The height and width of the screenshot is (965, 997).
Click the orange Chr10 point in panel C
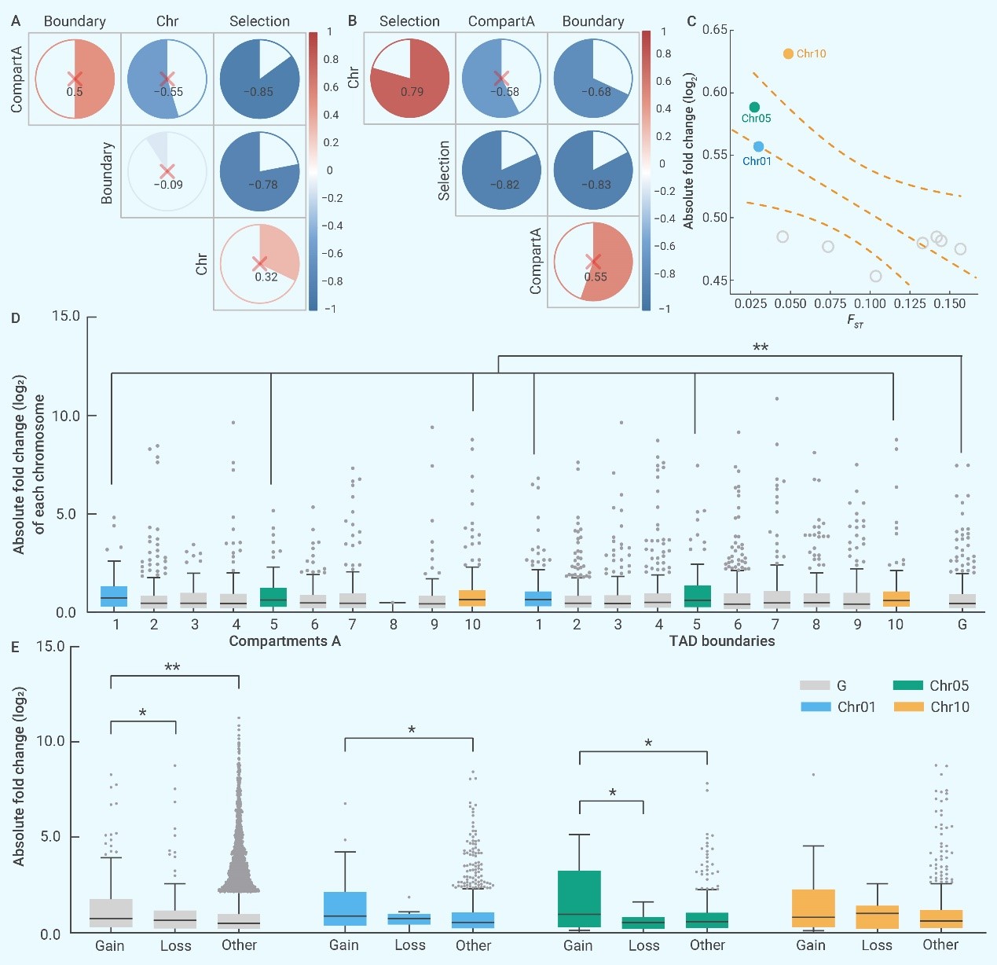(x=788, y=53)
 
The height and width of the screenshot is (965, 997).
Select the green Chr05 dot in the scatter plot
(x=754, y=107)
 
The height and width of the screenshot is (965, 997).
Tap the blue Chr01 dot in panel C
(x=758, y=146)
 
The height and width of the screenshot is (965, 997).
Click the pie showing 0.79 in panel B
(x=409, y=79)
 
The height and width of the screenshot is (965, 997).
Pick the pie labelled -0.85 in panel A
(x=259, y=79)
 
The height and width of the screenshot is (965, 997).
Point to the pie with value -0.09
(x=167, y=171)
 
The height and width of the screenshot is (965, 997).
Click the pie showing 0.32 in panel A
(x=259, y=263)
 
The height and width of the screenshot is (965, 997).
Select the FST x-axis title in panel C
(x=855, y=321)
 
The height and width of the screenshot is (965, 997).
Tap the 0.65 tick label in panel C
(x=715, y=30)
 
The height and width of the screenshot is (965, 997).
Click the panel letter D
(x=16, y=318)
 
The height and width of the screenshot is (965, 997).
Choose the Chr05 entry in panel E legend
(x=949, y=686)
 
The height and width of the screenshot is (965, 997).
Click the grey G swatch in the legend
(x=815, y=686)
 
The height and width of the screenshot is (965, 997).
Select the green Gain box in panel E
(x=579, y=898)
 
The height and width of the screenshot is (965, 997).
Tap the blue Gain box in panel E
(x=345, y=908)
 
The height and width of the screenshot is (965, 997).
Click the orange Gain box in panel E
(x=813, y=909)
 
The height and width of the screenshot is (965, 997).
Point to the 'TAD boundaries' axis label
(x=722, y=641)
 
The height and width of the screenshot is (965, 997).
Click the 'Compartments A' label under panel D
(x=284, y=641)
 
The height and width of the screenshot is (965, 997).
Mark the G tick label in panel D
(x=962, y=625)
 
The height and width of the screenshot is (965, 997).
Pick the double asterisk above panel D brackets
(x=761, y=347)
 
